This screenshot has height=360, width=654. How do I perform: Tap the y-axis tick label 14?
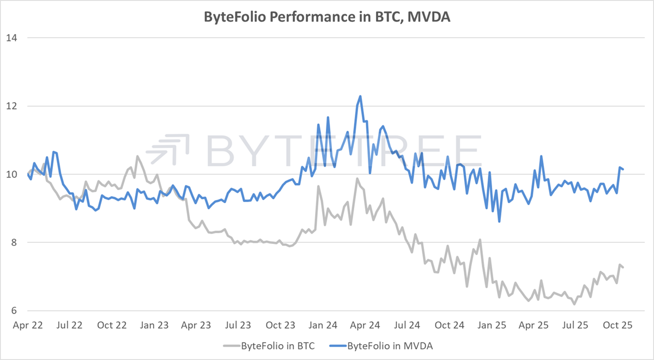click(10, 38)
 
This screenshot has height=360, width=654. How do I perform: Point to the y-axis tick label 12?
click(10, 106)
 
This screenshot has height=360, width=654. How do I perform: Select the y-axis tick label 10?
click(10, 174)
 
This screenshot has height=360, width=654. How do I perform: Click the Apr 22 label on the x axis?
click(27, 326)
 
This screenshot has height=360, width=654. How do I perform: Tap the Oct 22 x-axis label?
click(112, 326)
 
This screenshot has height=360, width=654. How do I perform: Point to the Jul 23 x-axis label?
click(238, 326)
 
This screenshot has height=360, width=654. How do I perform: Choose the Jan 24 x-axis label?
click(323, 326)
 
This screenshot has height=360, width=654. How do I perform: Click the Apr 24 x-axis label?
click(365, 326)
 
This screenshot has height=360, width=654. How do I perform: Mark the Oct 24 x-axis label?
click(450, 326)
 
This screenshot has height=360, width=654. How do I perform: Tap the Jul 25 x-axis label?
click(576, 326)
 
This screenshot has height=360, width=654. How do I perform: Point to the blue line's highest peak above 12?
click(360, 96)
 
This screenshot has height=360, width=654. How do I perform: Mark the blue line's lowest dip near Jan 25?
click(499, 221)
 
